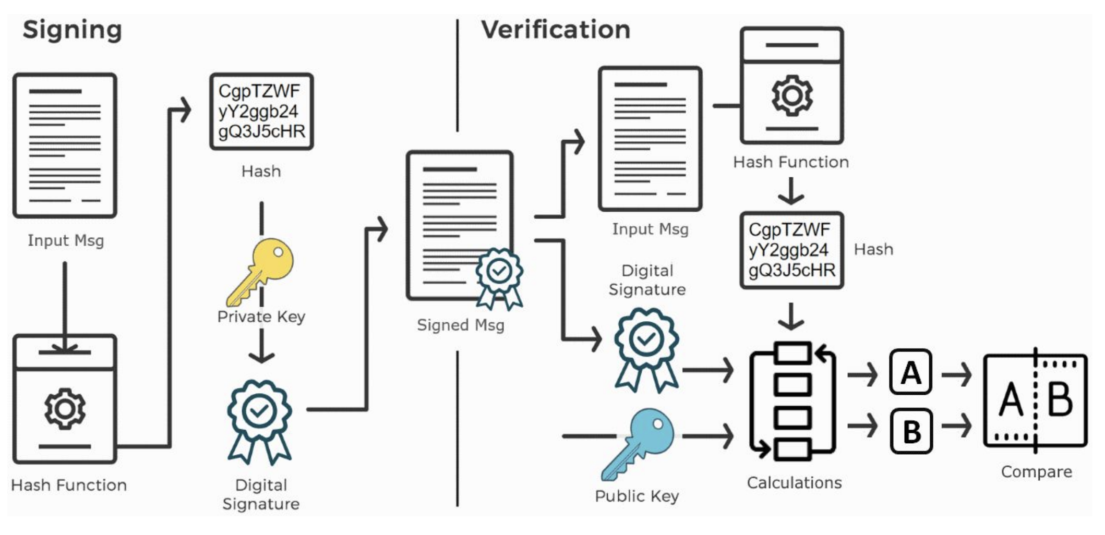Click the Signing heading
click(x=72, y=30)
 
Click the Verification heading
click(x=556, y=29)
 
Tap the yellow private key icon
click(x=260, y=272)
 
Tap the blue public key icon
click(x=638, y=444)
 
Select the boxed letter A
click(x=910, y=372)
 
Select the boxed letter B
click(x=911, y=431)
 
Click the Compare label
click(x=1036, y=472)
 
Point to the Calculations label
click(x=794, y=483)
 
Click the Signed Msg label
click(x=461, y=325)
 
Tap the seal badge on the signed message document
click(x=499, y=277)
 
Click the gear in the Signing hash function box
click(x=65, y=408)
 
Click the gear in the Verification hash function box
click(x=792, y=95)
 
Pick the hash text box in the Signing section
click(x=261, y=112)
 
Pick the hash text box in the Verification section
click(x=792, y=250)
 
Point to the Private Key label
click(x=261, y=317)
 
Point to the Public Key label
click(x=637, y=496)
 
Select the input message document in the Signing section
click(x=65, y=145)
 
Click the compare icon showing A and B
click(x=1036, y=400)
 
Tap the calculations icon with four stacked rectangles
click(x=792, y=400)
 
